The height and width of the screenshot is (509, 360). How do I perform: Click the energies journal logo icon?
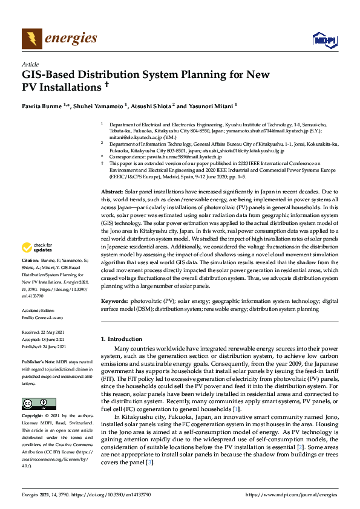click(32, 39)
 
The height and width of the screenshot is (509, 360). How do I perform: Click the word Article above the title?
click(30, 64)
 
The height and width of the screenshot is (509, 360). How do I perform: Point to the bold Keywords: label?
click(114, 300)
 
